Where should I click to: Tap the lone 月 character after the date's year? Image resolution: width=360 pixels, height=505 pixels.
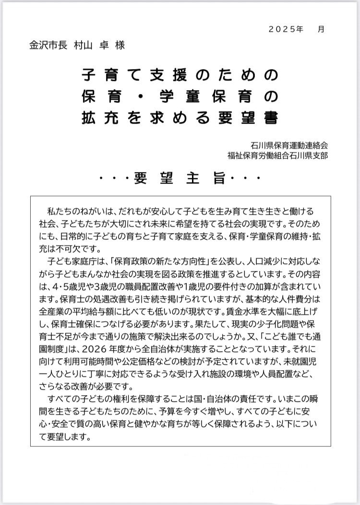click(321, 29)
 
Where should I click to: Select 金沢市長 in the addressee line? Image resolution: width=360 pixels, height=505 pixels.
click(48, 46)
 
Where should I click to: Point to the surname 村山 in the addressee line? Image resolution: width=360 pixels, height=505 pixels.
click(84, 46)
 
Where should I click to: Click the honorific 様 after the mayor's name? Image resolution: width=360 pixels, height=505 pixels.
click(120, 46)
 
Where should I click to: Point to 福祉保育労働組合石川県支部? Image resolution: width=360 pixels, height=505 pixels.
click(279, 155)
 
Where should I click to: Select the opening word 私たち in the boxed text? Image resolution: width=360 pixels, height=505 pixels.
click(59, 211)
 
